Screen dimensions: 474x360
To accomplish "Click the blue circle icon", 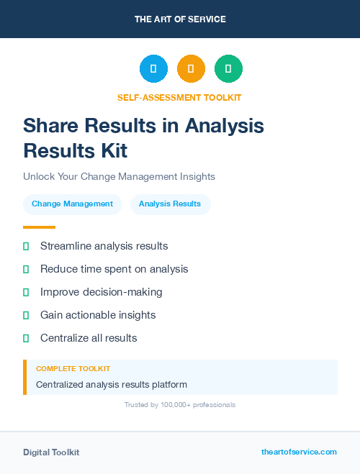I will pyautogui.click(x=153, y=69).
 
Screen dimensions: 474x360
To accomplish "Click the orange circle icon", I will pyautogui.click(x=191, y=69).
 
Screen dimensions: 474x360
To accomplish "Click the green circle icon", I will pyautogui.click(x=228, y=69).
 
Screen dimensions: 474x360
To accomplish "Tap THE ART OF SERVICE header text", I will pyautogui.click(x=180, y=19).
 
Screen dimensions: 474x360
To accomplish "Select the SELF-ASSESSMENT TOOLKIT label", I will pyautogui.click(x=179, y=97).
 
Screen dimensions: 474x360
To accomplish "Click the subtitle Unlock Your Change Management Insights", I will pyautogui.click(x=119, y=176).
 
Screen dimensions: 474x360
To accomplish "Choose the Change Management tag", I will pyautogui.click(x=72, y=204).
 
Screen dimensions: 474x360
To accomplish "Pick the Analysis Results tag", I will pyautogui.click(x=170, y=204).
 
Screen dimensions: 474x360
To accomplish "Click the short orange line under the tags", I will pyautogui.click(x=39, y=227).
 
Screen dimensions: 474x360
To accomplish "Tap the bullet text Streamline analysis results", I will pyautogui.click(x=104, y=246).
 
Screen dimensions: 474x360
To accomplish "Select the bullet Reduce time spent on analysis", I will pyautogui.click(x=114, y=269).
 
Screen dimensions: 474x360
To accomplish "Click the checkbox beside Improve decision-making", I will pyautogui.click(x=26, y=292).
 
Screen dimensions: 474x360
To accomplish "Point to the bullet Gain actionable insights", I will pyautogui.click(x=98, y=315).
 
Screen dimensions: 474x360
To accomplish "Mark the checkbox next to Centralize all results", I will pyautogui.click(x=26, y=338).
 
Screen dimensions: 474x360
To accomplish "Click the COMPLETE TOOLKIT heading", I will pyautogui.click(x=73, y=368).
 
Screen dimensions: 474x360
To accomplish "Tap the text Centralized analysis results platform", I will pyautogui.click(x=112, y=385).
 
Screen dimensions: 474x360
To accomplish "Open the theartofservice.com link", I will pyautogui.click(x=299, y=452).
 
